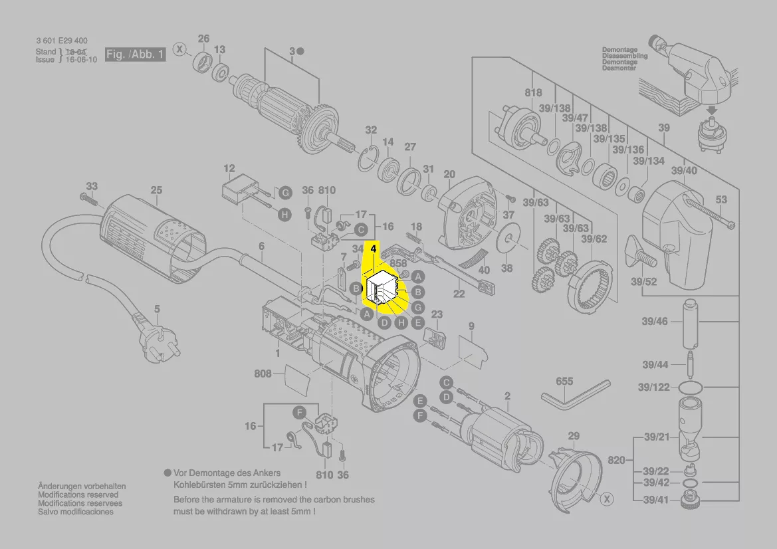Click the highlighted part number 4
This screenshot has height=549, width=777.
tap(374, 249)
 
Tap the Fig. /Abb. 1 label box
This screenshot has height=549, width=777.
tap(135, 55)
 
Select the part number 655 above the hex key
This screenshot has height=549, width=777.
tap(564, 382)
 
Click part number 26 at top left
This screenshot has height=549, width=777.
tap(203, 39)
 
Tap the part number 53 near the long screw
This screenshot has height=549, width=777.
tap(721, 199)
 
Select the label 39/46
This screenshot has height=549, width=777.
tap(655, 322)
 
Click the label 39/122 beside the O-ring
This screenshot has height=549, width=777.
tap(653, 387)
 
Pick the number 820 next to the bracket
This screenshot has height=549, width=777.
tap(617, 460)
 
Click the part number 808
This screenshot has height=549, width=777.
tap(263, 374)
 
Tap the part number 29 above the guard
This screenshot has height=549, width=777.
tap(574, 436)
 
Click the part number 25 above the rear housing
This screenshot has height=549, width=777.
tap(156, 191)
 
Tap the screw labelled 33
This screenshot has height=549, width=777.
tap(88, 199)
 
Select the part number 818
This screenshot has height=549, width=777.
tap(533, 93)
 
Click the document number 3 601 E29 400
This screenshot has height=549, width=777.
tap(66, 41)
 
